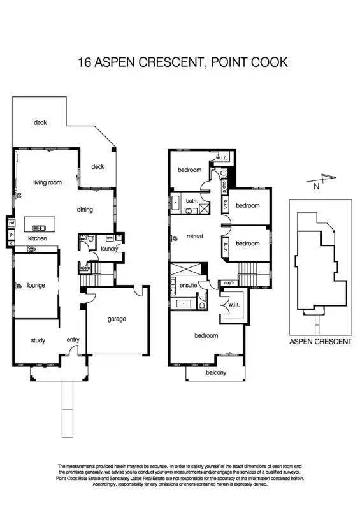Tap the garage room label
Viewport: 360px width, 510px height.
(x=117, y=319)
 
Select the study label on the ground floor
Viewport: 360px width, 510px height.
(x=38, y=340)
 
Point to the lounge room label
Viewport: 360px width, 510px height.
(x=36, y=286)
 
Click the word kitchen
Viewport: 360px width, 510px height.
(x=37, y=239)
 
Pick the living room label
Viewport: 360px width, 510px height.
(x=48, y=182)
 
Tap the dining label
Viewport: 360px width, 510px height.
(x=85, y=210)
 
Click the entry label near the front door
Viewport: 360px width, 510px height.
(x=73, y=340)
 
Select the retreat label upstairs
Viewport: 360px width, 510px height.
(x=194, y=237)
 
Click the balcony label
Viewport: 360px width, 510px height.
(x=216, y=373)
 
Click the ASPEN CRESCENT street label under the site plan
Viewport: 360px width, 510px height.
(x=320, y=342)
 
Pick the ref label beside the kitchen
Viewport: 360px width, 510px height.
(x=11, y=223)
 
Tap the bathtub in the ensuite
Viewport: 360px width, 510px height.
(x=185, y=304)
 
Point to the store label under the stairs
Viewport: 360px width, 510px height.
(x=84, y=268)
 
